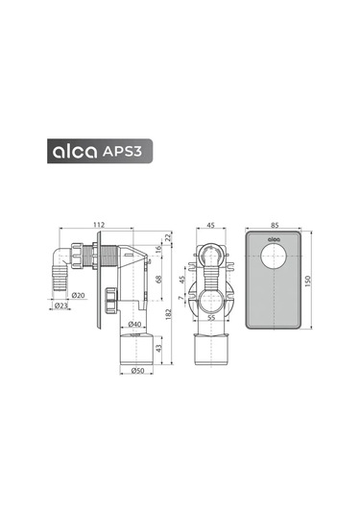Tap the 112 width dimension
99,227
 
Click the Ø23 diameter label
60,306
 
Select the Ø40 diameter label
135,324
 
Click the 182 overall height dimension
169,312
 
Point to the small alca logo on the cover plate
273,241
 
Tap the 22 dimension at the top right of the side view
169,237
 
